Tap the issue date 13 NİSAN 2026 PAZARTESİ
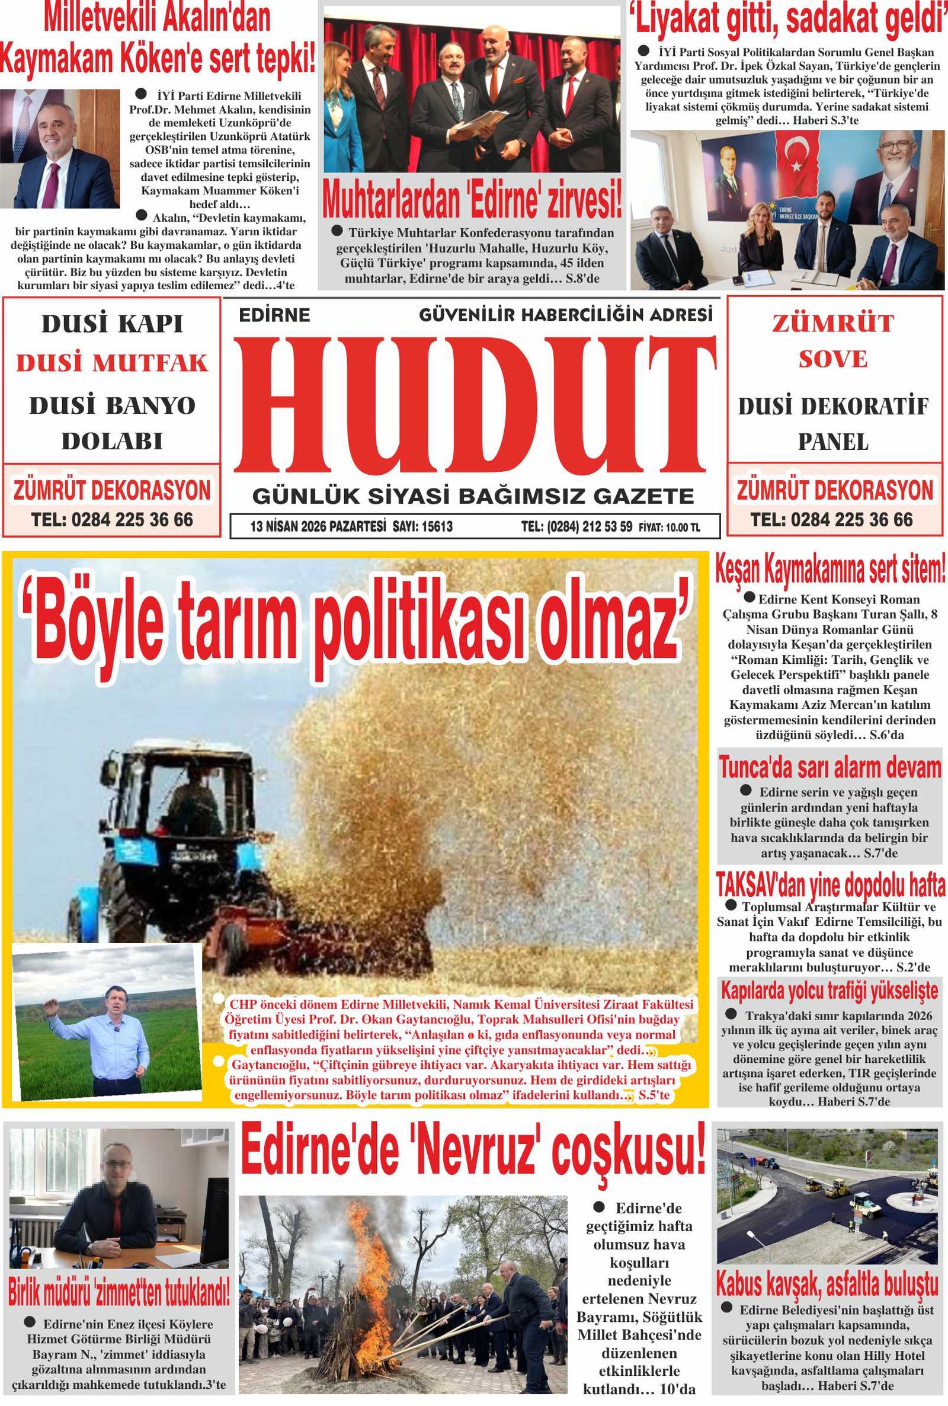click(x=319, y=527)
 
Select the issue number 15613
click(x=432, y=527)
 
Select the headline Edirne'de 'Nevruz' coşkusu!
click(x=473, y=1152)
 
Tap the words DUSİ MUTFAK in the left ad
click(x=112, y=363)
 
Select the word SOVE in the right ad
click(x=832, y=360)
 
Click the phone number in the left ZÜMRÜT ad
click(x=112, y=519)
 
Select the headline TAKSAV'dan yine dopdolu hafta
click(x=830, y=887)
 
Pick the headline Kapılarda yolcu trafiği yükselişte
click(x=829, y=990)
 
